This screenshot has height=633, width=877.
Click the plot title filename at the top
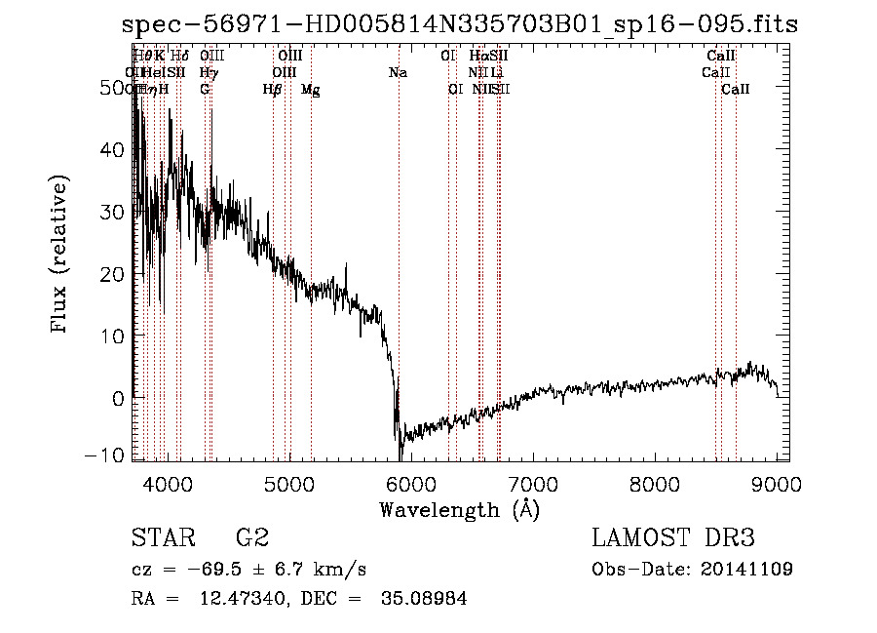[x=460, y=24]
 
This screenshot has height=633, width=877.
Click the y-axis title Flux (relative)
[x=60, y=255]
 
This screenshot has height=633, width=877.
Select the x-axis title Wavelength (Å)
[x=459, y=509]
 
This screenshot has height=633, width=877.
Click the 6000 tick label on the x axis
[x=411, y=483]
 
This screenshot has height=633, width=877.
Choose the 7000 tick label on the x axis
[x=533, y=483]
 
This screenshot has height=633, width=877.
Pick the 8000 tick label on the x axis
[x=655, y=483]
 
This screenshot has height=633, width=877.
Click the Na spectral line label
[x=398, y=73]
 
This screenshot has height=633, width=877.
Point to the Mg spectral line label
[x=310, y=90]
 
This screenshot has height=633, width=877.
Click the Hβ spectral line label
[x=272, y=90]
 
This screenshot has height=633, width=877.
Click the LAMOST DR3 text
[x=672, y=537]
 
